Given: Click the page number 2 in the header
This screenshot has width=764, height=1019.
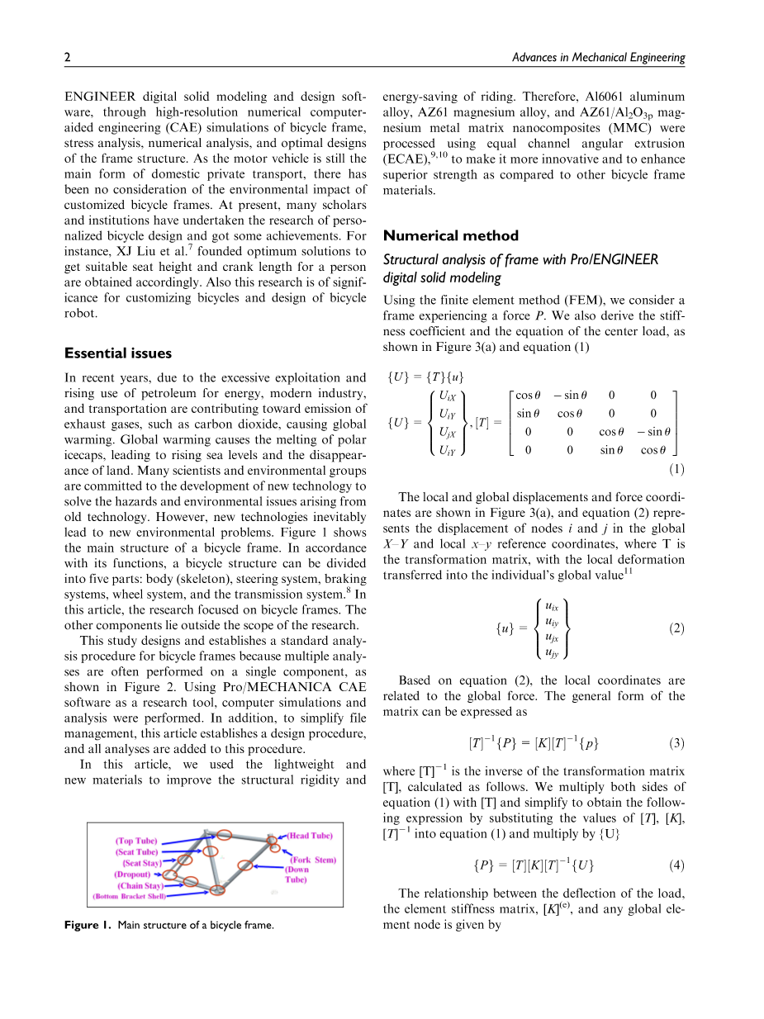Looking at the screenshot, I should click(67, 57).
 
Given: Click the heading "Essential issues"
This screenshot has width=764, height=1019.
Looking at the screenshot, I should click(118, 353).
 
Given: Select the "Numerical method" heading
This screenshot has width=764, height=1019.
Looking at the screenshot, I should click(451, 235).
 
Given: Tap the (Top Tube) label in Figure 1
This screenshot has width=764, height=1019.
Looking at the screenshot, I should click(136, 841).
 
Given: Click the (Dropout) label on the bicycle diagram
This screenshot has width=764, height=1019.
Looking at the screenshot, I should click(132, 874).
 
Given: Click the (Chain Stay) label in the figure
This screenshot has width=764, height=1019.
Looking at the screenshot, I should click(140, 885).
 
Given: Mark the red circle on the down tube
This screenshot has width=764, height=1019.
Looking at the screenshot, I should click(244, 865).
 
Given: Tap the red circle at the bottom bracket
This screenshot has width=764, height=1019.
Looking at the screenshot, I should click(217, 889).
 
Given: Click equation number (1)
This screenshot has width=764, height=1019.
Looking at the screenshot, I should click(676, 470).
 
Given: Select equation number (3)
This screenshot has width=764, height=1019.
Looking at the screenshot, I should click(676, 743).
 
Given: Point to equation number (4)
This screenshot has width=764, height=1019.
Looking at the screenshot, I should click(676, 866).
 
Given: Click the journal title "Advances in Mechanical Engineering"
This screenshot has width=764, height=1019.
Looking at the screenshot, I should click(598, 57).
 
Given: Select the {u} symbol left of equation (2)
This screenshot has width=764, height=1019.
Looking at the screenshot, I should click(505, 630).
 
